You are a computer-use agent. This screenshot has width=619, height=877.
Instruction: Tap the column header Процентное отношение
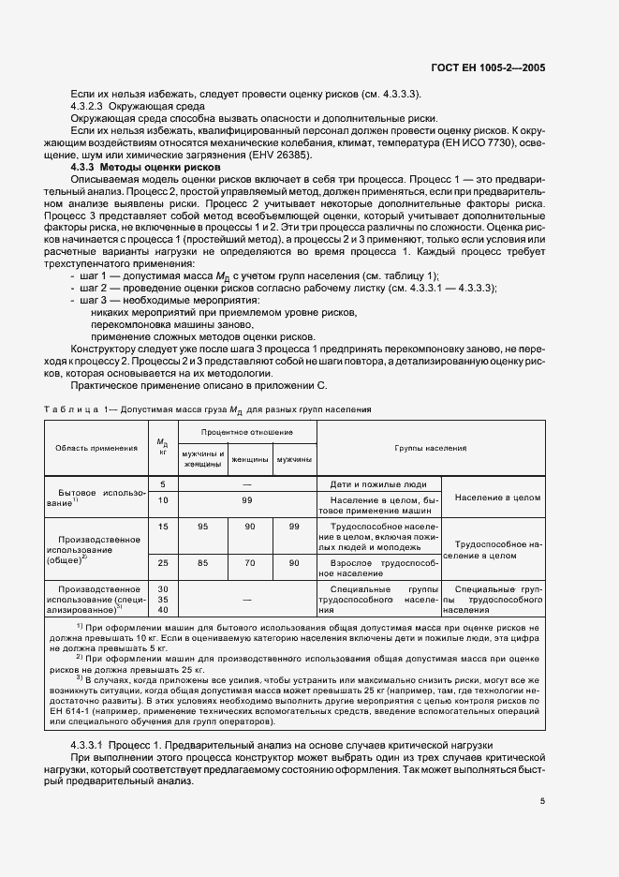click(247, 433)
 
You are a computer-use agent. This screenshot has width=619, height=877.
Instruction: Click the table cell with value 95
click(202, 527)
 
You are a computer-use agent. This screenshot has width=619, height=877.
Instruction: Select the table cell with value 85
click(202, 562)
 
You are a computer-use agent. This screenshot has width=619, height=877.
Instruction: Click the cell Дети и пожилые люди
click(379, 484)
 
